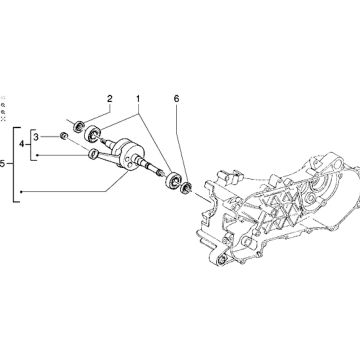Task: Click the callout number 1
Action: pos(138,100)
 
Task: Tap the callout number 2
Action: pos(108,99)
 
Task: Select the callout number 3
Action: pos(37,136)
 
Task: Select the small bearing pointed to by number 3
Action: pos(64,134)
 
